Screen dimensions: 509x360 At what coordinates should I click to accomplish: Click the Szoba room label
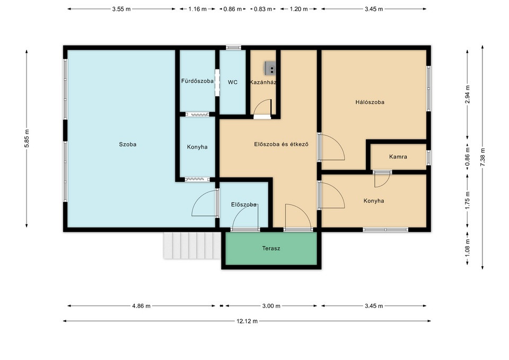pos(128,144)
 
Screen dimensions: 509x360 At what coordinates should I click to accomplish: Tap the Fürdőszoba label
pos(197,81)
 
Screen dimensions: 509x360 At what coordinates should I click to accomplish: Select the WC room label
pos(232,83)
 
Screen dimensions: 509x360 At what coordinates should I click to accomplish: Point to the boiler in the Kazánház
pos(270,68)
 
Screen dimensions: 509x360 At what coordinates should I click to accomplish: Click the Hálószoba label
pos(370,102)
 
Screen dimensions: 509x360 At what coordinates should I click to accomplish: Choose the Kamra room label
pos(398,157)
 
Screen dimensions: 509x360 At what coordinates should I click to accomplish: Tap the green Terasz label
pos(271,249)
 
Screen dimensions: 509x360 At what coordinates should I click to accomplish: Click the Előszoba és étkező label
pos(281,144)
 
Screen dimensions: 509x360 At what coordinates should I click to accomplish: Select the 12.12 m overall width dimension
pos(247,321)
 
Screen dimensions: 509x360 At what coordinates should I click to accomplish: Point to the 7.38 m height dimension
pos(482,157)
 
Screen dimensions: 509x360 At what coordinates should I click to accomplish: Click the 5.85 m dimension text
pos(27,138)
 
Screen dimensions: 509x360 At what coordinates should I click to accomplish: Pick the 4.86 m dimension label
pos(141,306)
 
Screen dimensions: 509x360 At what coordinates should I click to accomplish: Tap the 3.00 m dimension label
pos(271,306)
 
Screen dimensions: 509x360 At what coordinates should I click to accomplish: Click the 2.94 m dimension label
pos(467,94)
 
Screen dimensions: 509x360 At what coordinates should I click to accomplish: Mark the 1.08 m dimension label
pos(467,248)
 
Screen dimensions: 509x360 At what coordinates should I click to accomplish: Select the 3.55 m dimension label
pos(121,9)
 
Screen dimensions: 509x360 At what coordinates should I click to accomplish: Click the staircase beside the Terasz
pos(192,245)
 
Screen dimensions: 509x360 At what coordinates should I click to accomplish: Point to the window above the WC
pos(233,47)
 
